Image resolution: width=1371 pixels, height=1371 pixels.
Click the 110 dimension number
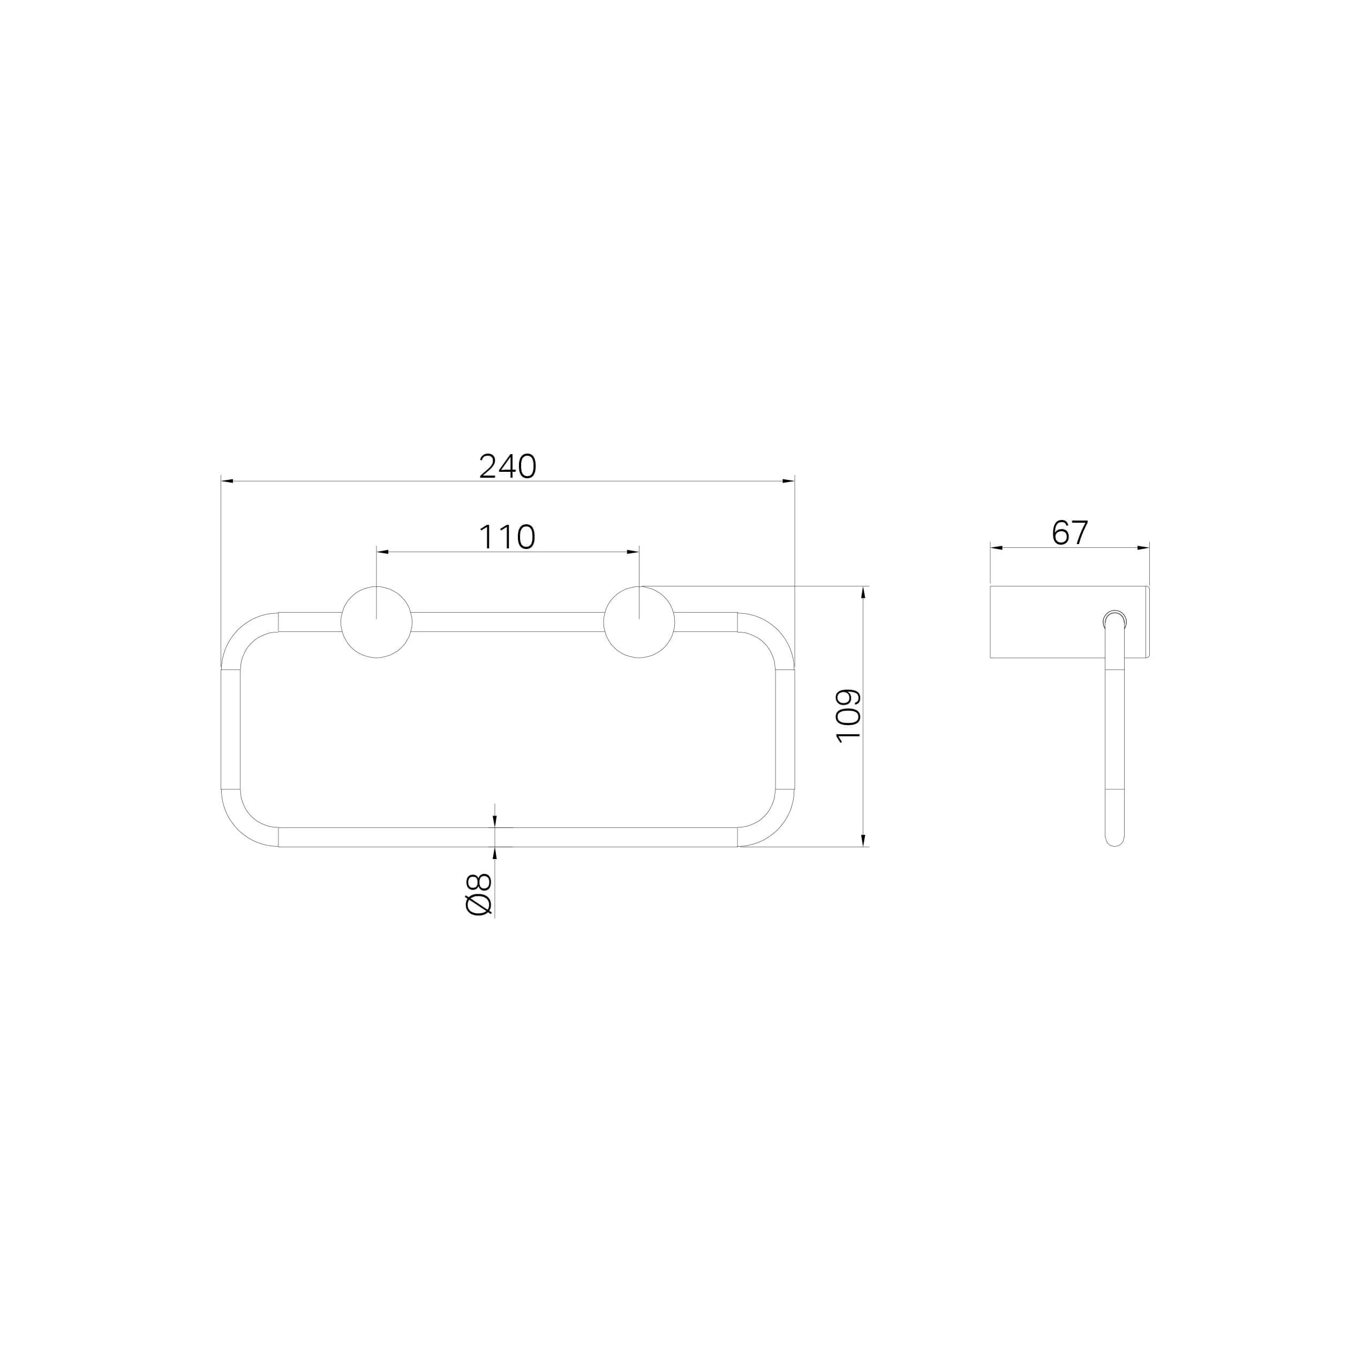tap(507, 537)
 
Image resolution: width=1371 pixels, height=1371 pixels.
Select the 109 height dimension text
tap(849, 716)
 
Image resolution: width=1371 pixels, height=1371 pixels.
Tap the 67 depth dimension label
tap(1069, 532)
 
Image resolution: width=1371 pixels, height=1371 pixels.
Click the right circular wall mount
tap(639, 622)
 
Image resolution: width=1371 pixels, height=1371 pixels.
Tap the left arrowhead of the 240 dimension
tap(227, 481)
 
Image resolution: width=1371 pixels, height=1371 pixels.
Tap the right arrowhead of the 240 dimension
tap(788, 481)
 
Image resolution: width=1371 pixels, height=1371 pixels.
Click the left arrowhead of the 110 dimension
tap(382, 552)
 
